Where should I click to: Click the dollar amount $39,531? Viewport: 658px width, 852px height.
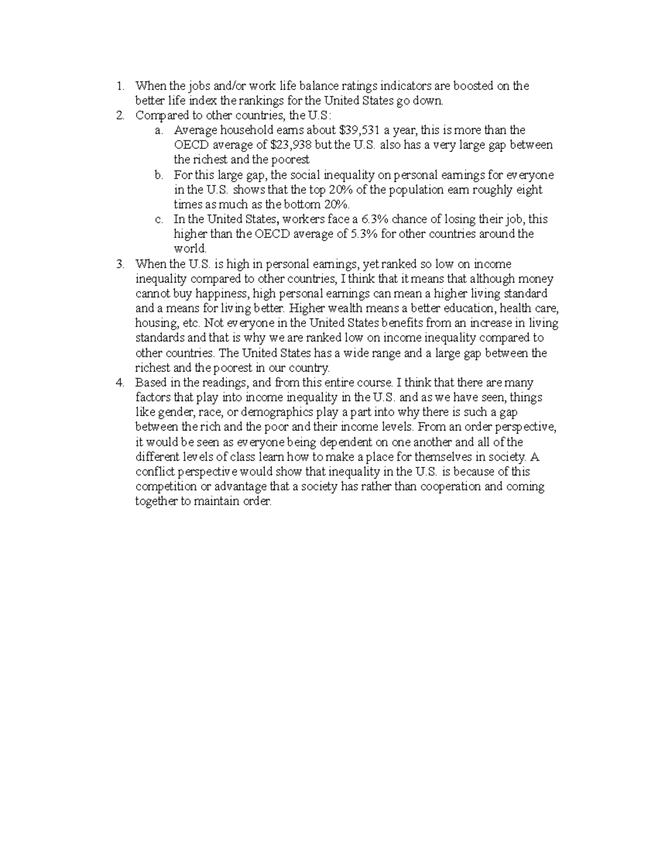click(x=360, y=130)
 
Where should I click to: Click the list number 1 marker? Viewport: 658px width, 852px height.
click(x=120, y=86)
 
